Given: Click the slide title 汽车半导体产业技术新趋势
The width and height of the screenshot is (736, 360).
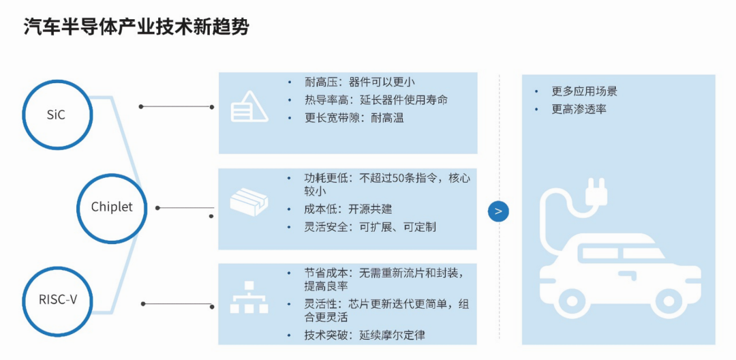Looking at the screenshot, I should (136, 27).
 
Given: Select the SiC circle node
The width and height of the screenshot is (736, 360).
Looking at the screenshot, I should (57, 115).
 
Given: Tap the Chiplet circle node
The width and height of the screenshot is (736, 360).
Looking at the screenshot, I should (112, 207).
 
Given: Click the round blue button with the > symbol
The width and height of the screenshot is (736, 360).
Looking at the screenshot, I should (498, 211).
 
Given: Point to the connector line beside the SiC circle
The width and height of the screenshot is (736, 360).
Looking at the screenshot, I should (177, 107).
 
